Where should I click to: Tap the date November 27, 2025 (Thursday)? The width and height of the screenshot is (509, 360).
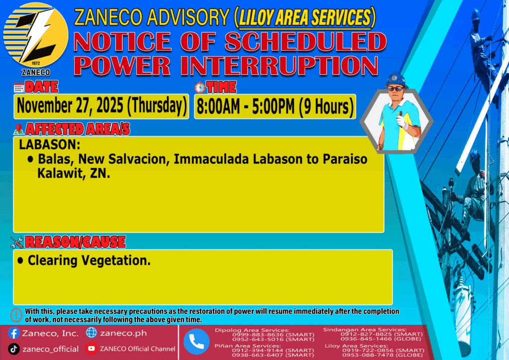click(101, 106)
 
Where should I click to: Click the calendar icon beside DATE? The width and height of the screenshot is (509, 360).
click(19, 88)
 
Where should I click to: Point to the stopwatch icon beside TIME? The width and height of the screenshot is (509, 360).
click(200, 88)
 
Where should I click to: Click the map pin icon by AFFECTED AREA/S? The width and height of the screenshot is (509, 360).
click(18, 129)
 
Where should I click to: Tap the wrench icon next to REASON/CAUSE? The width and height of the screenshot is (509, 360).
click(16, 242)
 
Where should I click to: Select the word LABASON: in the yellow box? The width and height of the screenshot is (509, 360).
click(49, 145)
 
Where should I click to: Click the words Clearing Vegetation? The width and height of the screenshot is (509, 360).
click(89, 261)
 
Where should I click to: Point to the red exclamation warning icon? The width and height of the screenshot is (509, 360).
click(16, 315)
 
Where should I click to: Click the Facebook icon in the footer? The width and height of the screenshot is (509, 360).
click(13, 333)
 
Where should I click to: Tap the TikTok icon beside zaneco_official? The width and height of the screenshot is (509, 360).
click(13, 349)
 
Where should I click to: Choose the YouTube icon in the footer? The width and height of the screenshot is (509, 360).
click(91, 349)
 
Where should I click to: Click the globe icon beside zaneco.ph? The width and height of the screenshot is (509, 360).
click(91, 333)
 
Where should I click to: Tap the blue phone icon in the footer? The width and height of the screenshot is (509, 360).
click(196, 342)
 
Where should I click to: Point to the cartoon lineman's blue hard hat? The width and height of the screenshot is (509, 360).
click(396, 80)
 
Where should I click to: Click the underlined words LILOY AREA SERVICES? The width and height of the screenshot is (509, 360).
click(305, 17)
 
